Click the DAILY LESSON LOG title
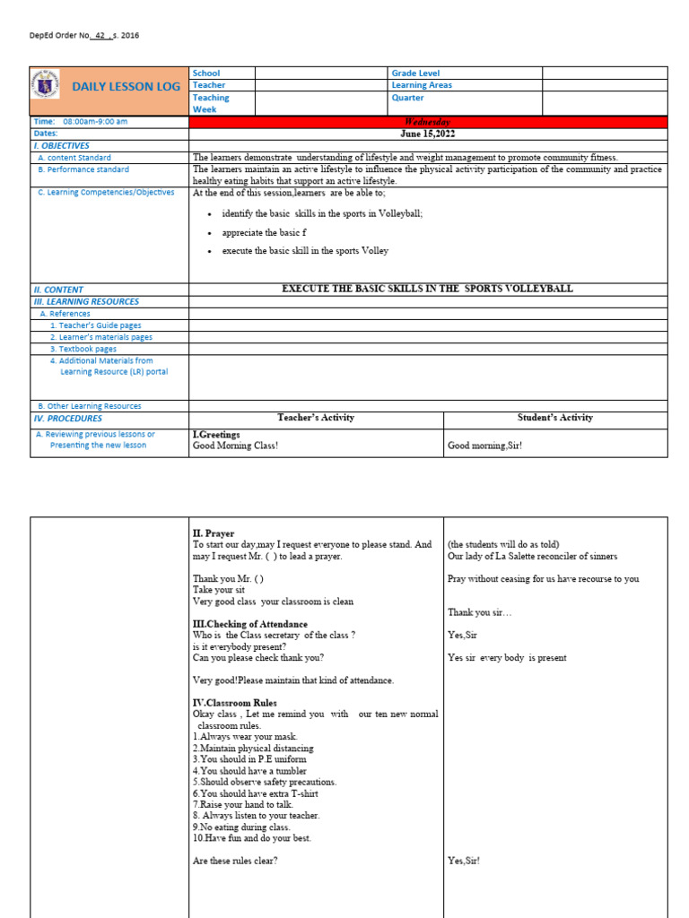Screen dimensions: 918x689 coord(126,87)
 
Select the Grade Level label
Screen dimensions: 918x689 coord(415,74)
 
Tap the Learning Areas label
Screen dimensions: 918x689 coord(422,85)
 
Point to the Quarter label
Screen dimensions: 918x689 coord(407,98)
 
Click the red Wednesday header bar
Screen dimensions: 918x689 coord(428,122)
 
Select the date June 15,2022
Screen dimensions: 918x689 coord(428,134)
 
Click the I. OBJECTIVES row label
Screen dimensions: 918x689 coord(61,145)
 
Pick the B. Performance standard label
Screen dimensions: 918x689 coord(83,169)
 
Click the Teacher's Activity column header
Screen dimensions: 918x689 coord(316,418)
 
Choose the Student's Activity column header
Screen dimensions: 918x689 coord(555,418)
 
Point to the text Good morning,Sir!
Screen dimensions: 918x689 coord(484,446)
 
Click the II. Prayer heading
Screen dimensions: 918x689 coord(214,533)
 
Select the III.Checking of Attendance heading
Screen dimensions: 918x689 coord(250,624)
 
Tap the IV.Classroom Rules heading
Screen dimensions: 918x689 coord(235,703)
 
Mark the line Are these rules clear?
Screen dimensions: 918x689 coord(235,861)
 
